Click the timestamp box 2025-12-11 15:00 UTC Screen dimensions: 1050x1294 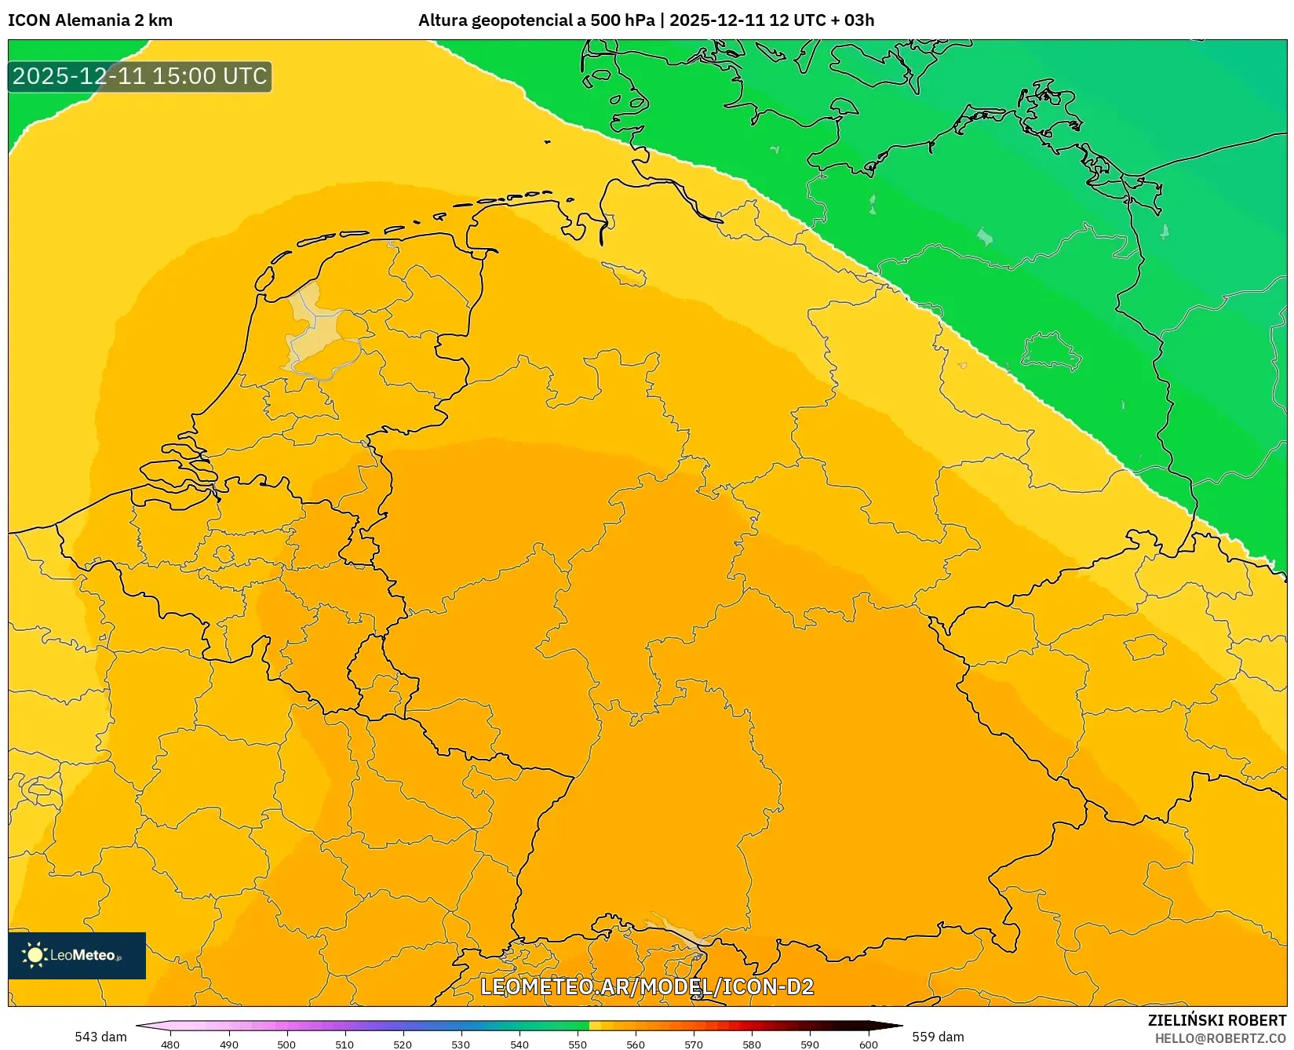click(140, 76)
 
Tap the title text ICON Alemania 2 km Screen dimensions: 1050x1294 click(90, 20)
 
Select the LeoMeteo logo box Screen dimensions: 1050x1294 click(77, 955)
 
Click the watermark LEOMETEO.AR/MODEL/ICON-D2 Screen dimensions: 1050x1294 click(647, 986)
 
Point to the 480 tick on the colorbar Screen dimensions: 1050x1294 click(170, 1045)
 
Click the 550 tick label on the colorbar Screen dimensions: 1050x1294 click(578, 1045)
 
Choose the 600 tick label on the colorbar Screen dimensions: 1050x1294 click(868, 1045)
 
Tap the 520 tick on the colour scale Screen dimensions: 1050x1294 click(403, 1045)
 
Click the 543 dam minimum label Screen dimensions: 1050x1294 click(100, 1037)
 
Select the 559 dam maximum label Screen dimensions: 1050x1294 click(938, 1037)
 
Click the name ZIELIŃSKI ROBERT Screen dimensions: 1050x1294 click(1217, 1020)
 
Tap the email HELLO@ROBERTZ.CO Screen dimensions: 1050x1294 click(1220, 1038)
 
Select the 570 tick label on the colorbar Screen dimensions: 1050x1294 click(694, 1045)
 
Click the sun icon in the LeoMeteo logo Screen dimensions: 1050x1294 click(35, 955)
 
